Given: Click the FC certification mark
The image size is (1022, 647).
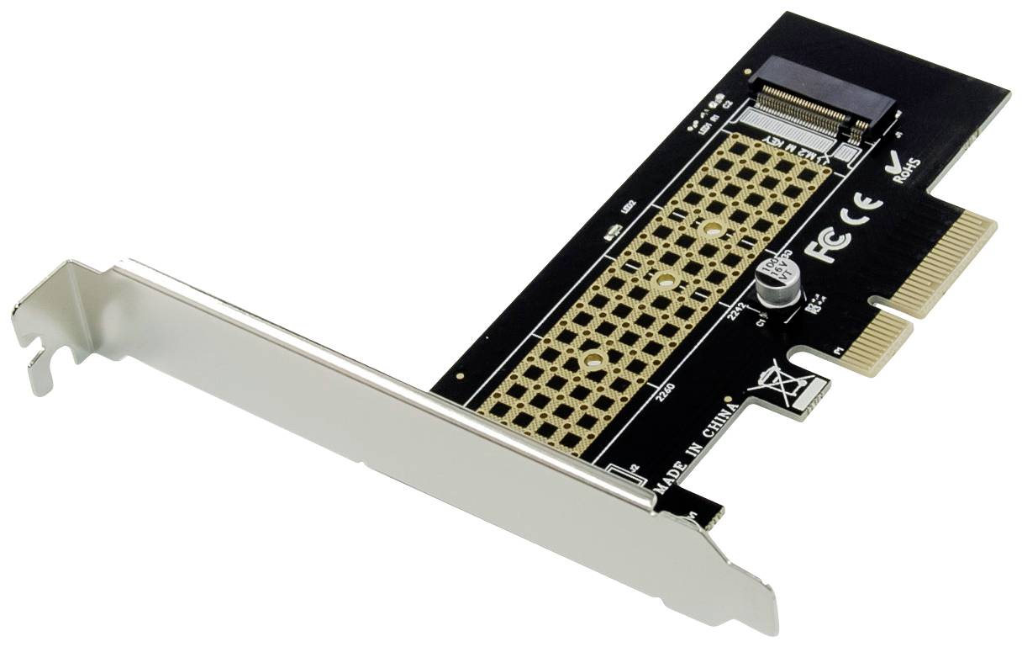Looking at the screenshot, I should click(827, 242).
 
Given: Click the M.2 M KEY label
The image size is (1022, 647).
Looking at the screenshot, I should click(803, 149).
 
